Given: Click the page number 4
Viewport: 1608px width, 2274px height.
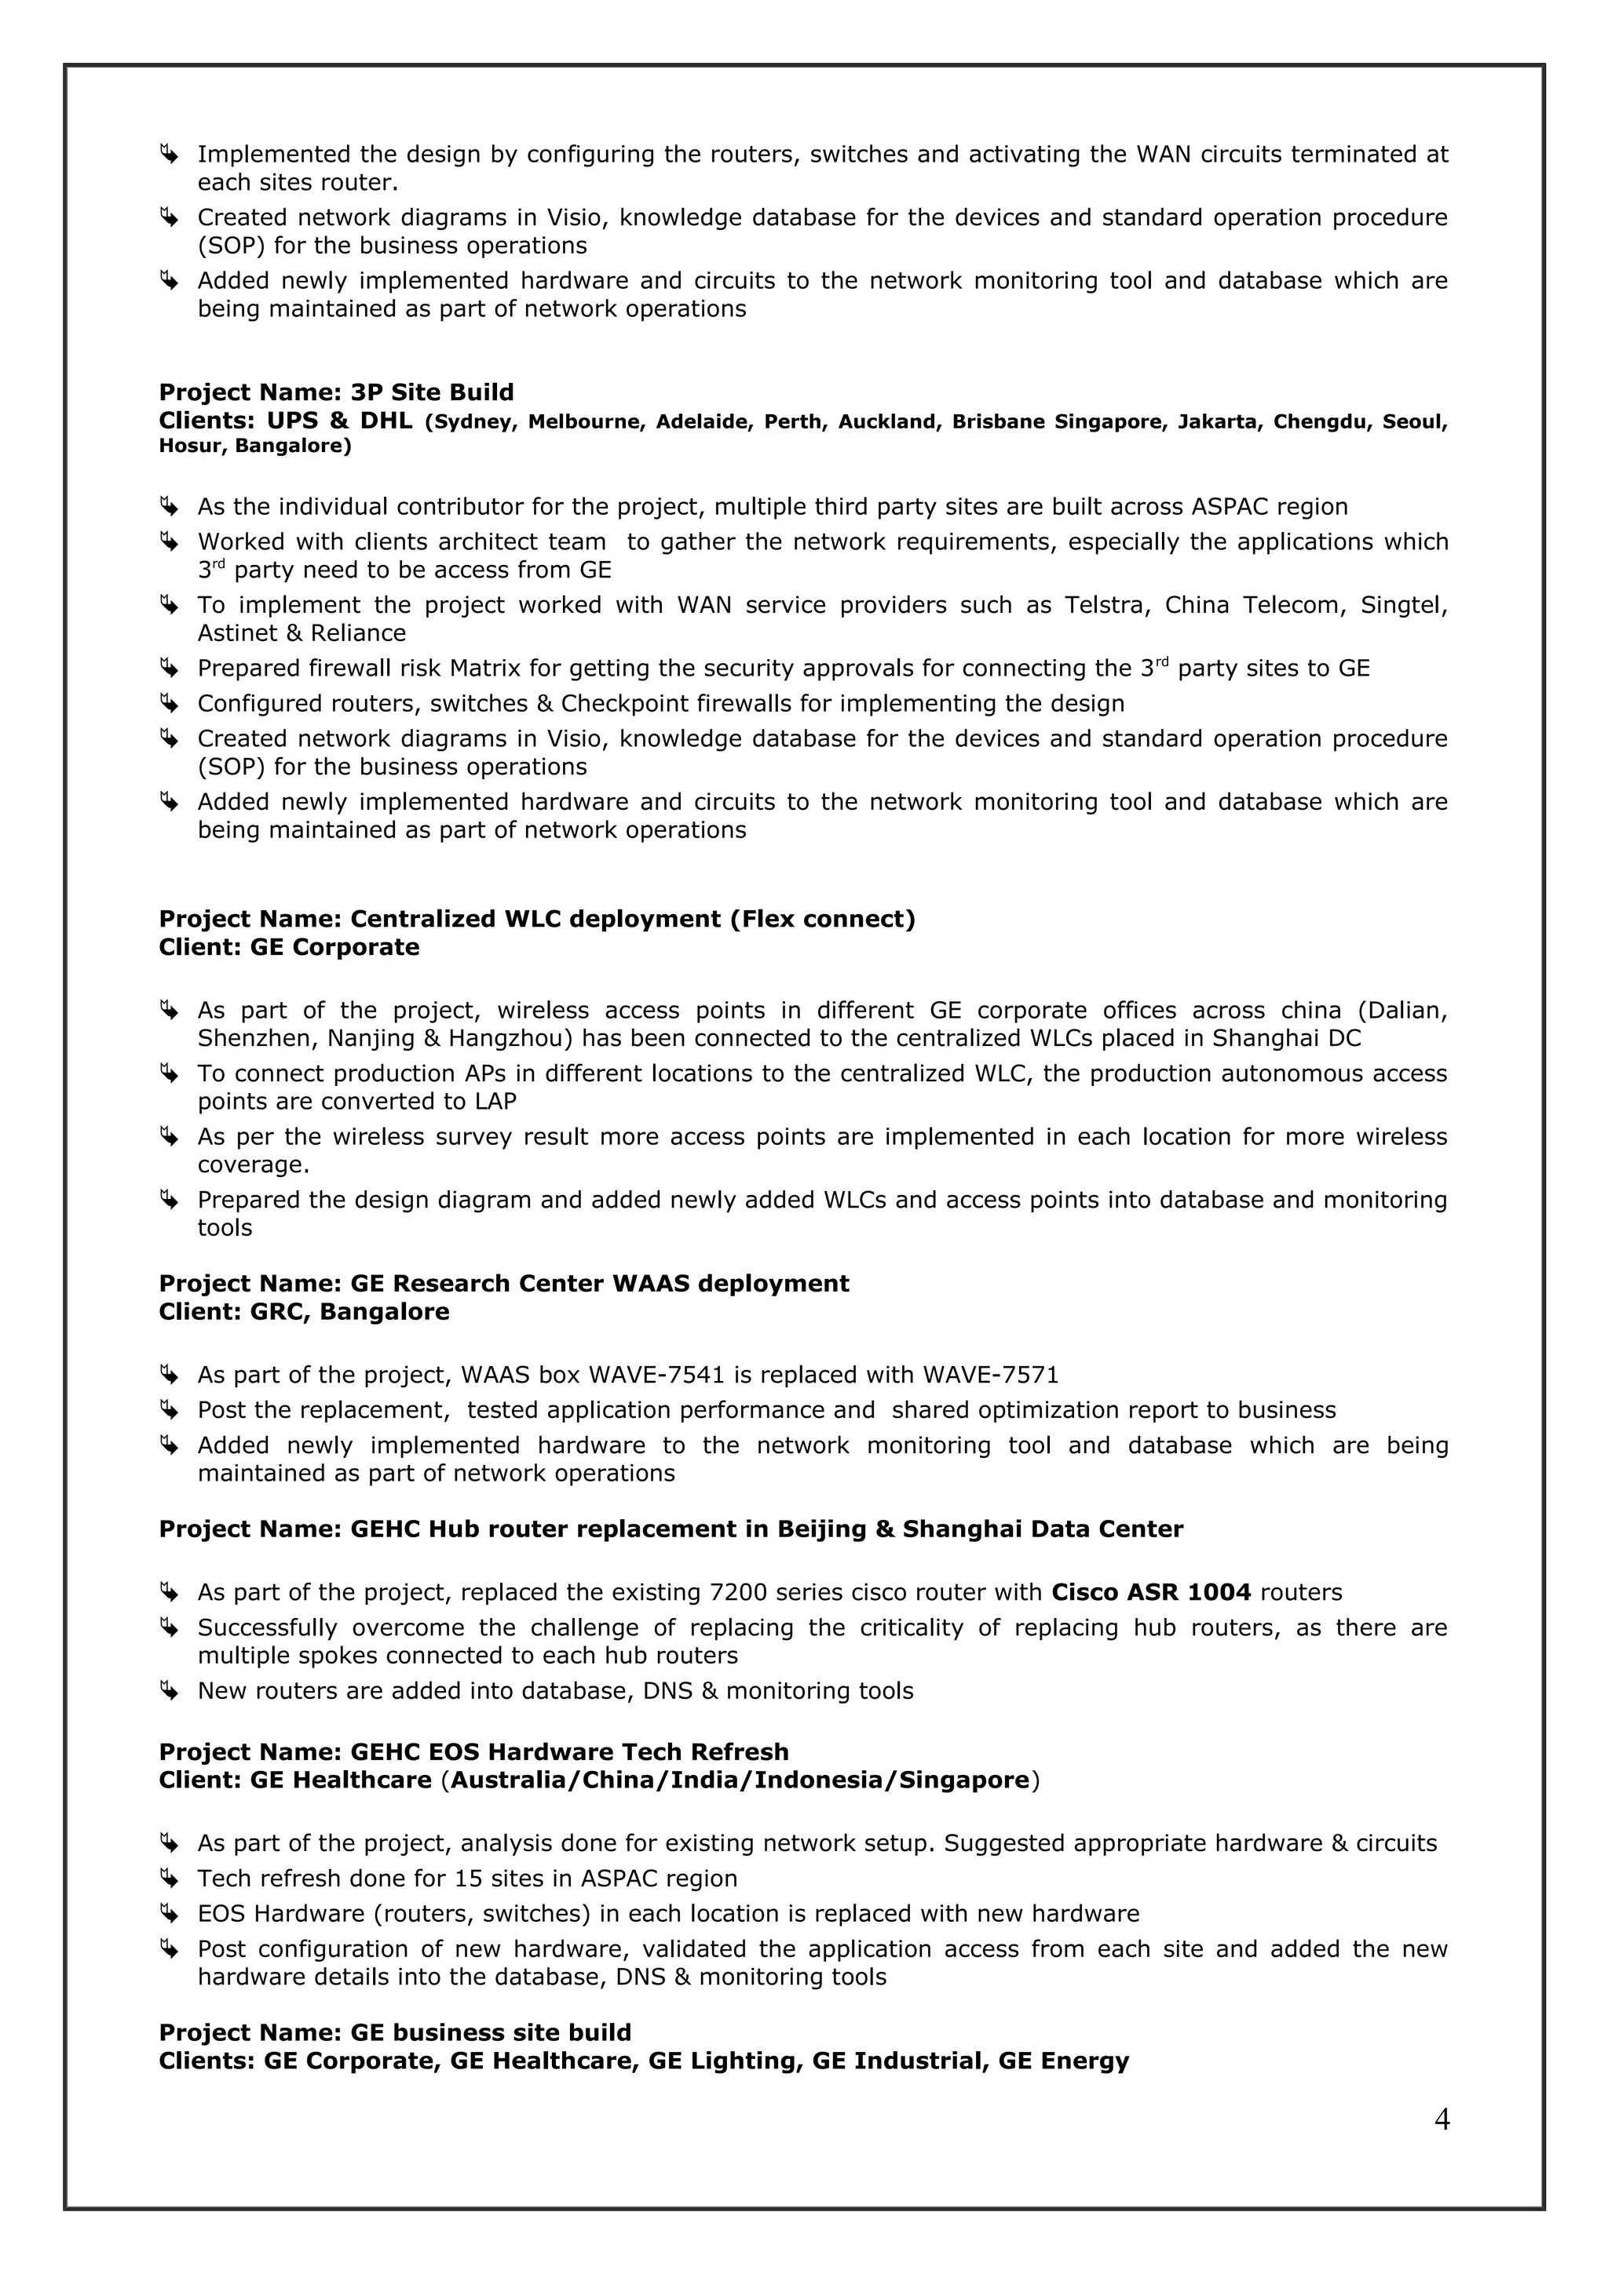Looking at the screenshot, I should (1442, 2119).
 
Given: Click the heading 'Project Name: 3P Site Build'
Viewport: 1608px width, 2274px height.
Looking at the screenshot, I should (336, 392).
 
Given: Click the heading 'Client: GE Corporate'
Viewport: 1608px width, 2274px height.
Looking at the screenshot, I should (288, 947).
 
